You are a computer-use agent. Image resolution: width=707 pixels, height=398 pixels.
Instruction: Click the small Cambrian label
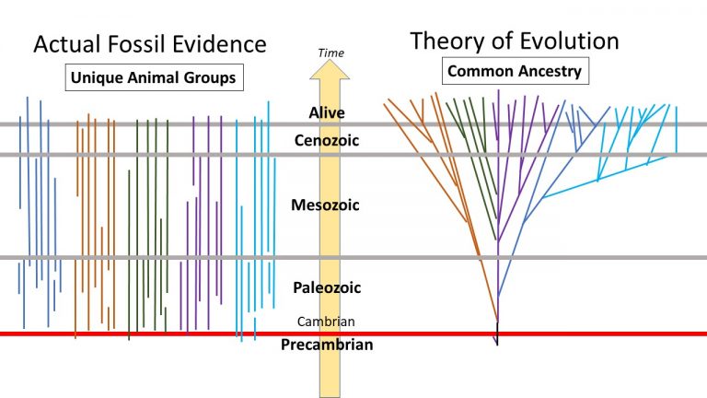pyautogui.click(x=326, y=322)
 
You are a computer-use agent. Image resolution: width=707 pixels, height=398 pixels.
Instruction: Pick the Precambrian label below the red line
pyautogui.click(x=327, y=345)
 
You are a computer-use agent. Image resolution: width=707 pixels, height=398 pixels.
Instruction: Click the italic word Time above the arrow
pyautogui.click(x=330, y=53)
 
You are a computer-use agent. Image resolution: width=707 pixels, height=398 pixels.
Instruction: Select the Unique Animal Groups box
pyautogui.click(x=154, y=78)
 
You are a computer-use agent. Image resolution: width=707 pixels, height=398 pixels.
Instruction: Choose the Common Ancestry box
pyautogui.click(x=515, y=70)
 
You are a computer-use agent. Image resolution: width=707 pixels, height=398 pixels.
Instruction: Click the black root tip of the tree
pyautogui.click(x=497, y=343)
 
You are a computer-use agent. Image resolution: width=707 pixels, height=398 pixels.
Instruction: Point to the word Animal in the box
pyautogui.click(x=153, y=78)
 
